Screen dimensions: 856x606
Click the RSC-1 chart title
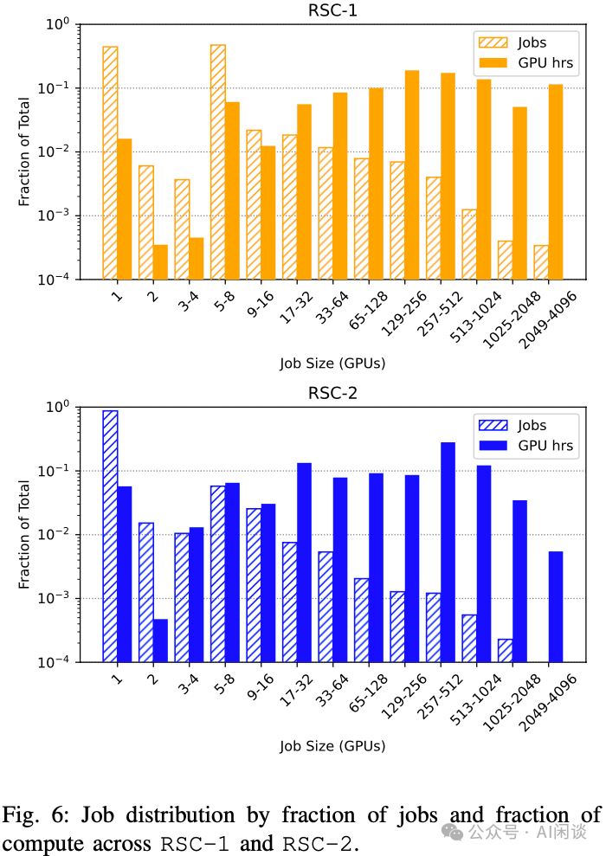tap(332, 10)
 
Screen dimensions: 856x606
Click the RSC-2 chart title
tap(332, 393)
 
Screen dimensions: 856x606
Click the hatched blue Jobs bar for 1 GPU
tap(110, 536)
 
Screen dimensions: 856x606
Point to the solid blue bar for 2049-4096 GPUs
tap(556, 607)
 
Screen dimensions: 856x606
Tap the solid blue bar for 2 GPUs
tap(160, 640)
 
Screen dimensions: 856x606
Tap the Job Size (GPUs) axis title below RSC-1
tap(332, 364)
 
